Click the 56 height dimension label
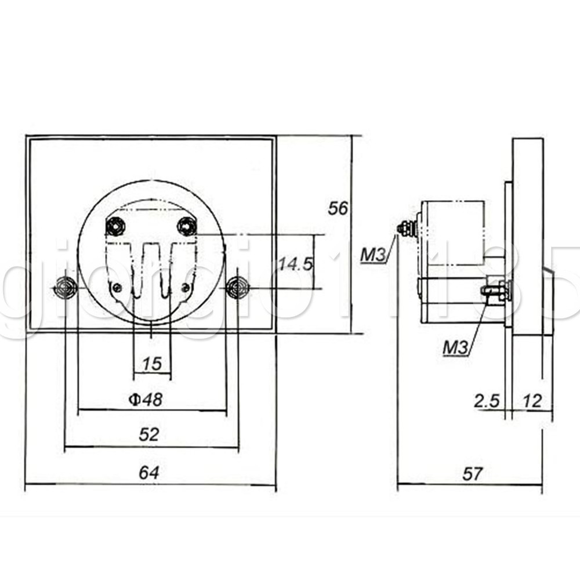pos(338,209)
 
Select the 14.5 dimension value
pos(296,264)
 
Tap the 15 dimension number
pos(152,364)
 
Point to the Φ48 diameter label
pos(146,400)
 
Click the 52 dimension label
pos(148,434)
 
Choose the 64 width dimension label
pos(149,472)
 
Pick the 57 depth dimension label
pos(472,474)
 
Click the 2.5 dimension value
pos(487,401)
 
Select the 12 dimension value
pos(532,401)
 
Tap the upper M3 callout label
pos(373,255)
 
